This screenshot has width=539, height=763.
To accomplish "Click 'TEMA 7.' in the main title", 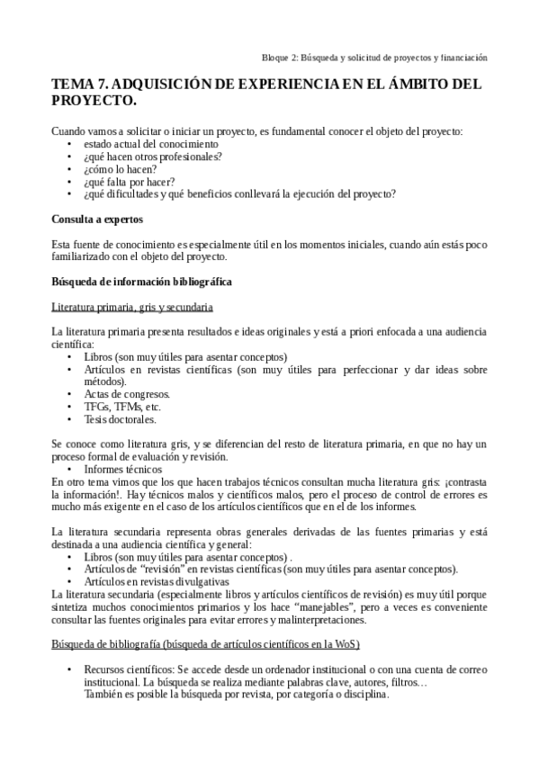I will (x=79, y=85).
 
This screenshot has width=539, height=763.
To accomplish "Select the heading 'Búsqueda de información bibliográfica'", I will (x=142, y=282).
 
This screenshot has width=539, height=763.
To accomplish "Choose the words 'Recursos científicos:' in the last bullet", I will (x=125, y=670).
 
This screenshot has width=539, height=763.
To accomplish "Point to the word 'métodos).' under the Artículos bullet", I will (x=105, y=381).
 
